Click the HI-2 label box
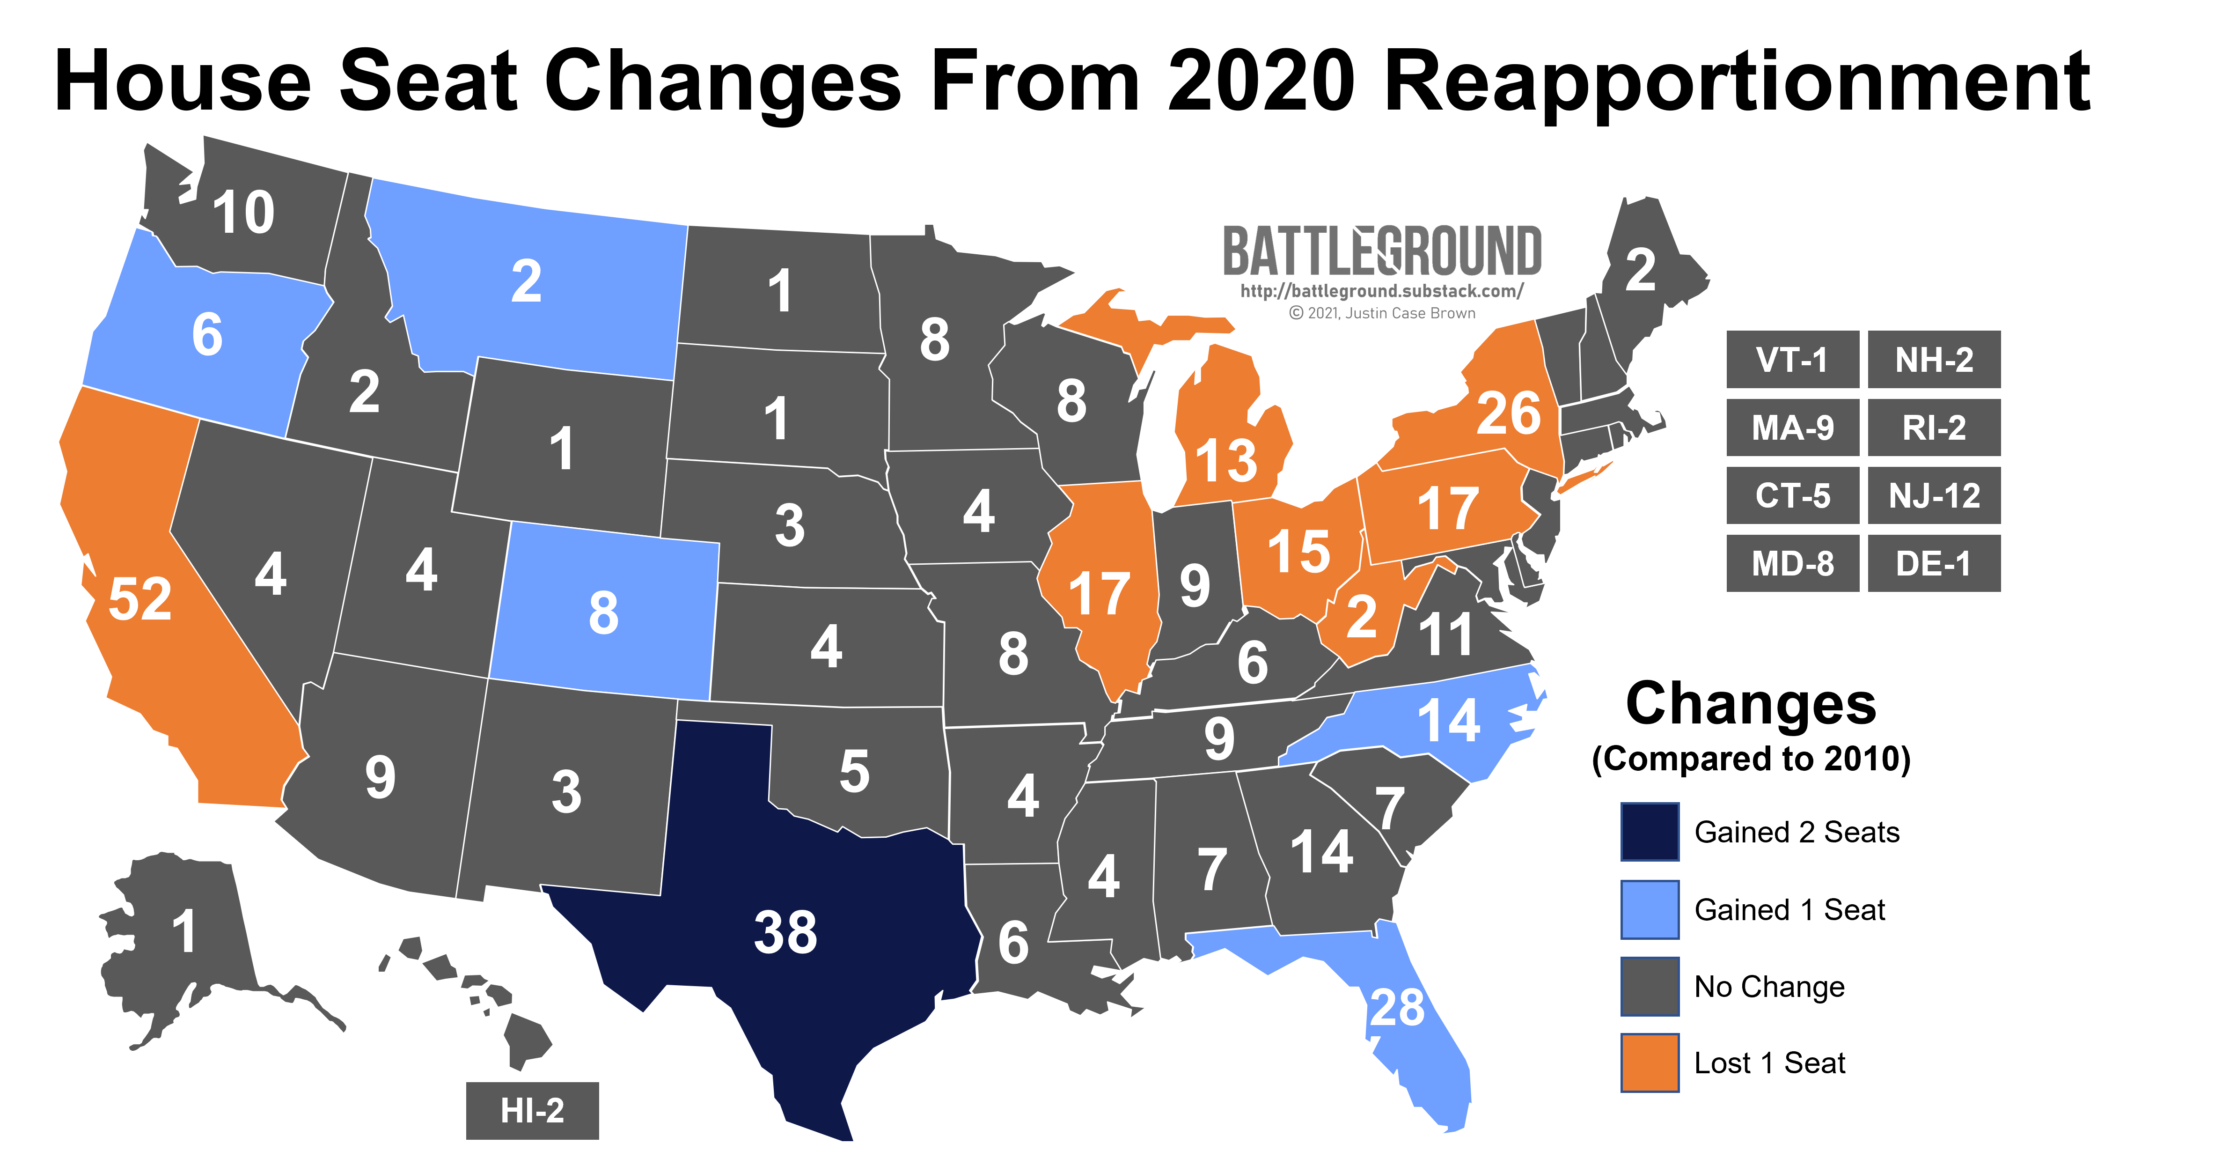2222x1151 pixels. click(532, 1110)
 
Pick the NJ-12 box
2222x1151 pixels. click(1934, 495)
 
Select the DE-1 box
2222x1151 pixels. click(1934, 563)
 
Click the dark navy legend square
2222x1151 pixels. click(1649, 832)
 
